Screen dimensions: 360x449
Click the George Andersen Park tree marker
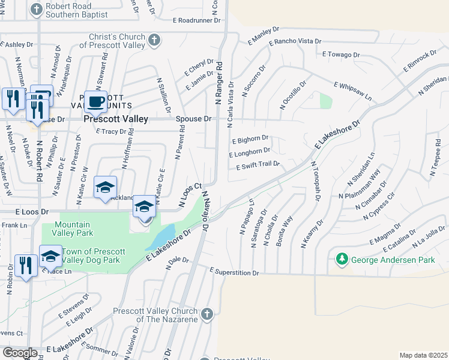pyautogui.click(x=342, y=260)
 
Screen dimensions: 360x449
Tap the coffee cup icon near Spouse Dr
pyautogui.click(x=95, y=101)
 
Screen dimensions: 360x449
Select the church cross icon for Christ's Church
pyautogui.click(x=154, y=41)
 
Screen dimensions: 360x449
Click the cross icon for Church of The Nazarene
pyautogui.click(x=206, y=314)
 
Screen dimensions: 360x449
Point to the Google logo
pyautogui.click(x=20, y=353)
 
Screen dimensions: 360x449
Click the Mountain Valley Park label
pyautogui.click(x=84, y=227)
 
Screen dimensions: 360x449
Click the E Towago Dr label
pyautogui.click(x=340, y=55)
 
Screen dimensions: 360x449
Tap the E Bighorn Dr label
pyautogui.click(x=250, y=141)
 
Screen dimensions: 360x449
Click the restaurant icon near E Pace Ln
pyautogui.click(x=25, y=265)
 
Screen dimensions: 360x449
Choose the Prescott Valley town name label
pyautogui.click(x=116, y=119)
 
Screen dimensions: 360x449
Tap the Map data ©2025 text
pyautogui.click(x=423, y=355)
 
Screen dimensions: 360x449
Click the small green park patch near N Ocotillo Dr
pyautogui.click(x=326, y=101)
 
